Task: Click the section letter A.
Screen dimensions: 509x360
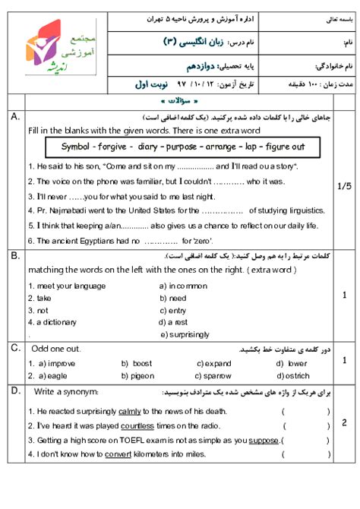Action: (14, 117)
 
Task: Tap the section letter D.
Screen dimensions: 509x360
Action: (14, 390)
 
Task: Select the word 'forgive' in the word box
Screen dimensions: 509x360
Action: (113, 146)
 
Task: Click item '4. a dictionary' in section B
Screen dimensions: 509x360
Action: (52, 322)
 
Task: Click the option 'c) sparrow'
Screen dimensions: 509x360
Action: (213, 375)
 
